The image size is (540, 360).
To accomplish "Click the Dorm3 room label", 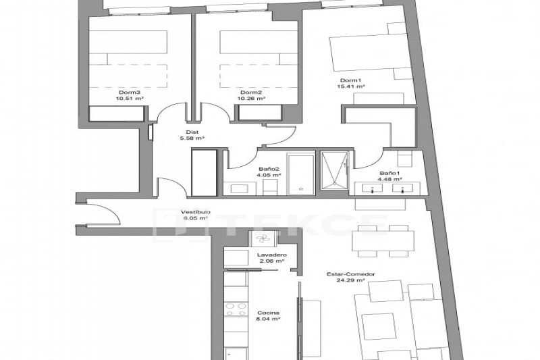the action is (x=129, y=93).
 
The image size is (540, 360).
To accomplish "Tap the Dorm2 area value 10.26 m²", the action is (x=251, y=99).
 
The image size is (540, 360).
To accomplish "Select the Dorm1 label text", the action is (x=350, y=80).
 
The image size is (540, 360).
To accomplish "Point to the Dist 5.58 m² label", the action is (x=192, y=135).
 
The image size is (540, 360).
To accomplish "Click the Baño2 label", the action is (x=269, y=169).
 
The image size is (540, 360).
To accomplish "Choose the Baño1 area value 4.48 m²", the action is (x=390, y=179).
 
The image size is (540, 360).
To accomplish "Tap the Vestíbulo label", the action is (x=196, y=212).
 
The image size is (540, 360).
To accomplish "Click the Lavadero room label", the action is (x=272, y=255).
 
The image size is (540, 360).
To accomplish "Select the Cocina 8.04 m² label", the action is (x=268, y=316).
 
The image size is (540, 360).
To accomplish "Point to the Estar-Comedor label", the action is (x=350, y=274).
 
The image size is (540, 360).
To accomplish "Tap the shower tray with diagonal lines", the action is (x=334, y=170).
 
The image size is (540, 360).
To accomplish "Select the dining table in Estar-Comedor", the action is (x=383, y=241).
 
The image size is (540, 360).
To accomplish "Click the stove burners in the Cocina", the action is (x=236, y=309).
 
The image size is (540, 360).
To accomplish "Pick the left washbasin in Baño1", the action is (x=372, y=188).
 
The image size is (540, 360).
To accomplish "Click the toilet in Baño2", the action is (x=271, y=187).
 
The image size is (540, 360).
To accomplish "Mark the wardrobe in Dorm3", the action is (x=116, y=113).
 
